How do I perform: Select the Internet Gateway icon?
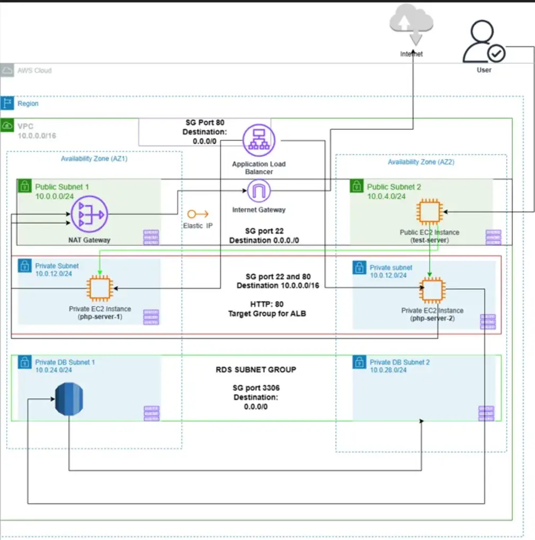pos(258,191)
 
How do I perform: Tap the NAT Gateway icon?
pos(90,214)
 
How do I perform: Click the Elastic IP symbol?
pos(198,214)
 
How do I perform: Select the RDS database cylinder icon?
pos(69,400)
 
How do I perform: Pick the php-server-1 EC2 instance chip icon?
pos(100,288)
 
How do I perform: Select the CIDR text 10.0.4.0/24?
pos(386,197)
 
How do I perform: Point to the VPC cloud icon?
pos(7,126)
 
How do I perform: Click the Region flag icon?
pos(7,103)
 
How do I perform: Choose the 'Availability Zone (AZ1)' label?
pos(94,158)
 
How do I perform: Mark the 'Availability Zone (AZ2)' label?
pos(421,162)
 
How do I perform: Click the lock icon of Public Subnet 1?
pos(24,186)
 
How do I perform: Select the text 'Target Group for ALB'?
pos(267,314)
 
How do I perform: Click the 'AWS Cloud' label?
pos(34,70)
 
